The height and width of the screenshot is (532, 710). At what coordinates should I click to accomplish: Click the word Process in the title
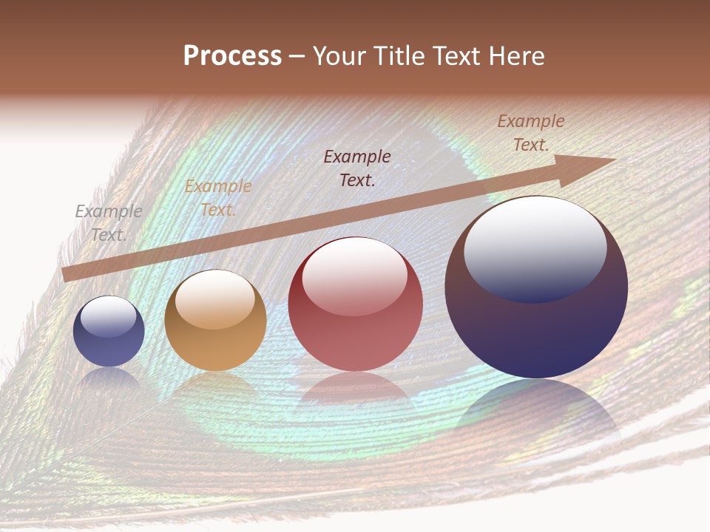coord(232,56)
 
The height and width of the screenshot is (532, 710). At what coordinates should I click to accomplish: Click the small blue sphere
coord(109,332)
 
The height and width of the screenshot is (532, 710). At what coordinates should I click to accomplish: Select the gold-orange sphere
coord(215,321)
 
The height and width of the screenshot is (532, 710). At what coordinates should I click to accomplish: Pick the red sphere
coord(355,304)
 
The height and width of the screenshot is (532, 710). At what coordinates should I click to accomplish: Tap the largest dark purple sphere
coord(536,288)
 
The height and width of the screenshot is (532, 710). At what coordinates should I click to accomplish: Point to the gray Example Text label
coord(109,222)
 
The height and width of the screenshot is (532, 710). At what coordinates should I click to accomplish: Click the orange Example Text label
coord(217,198)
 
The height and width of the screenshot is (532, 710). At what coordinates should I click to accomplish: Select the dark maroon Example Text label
coord(357,168)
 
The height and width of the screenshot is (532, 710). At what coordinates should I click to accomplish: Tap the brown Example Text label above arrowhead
coord(530,133)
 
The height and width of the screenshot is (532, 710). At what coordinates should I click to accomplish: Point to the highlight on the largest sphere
coord(535,248)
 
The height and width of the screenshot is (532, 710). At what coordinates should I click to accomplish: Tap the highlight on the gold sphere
coord(214,300)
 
